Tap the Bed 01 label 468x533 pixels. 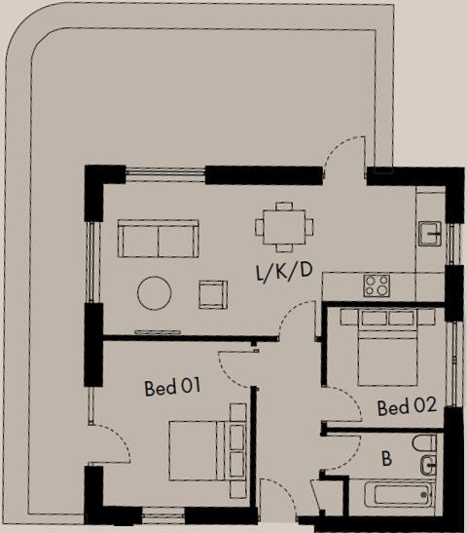171,388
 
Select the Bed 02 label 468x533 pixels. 406,407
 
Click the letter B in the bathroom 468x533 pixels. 386,458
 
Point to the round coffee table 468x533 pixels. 155,293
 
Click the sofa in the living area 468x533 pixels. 158,238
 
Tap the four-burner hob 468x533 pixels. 377,286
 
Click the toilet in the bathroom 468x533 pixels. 424,458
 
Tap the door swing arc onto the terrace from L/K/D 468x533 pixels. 343,156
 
